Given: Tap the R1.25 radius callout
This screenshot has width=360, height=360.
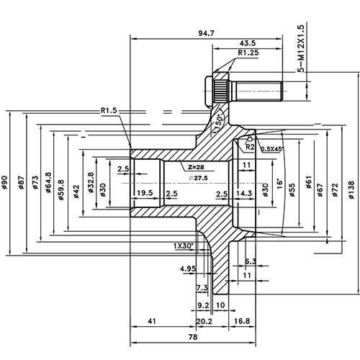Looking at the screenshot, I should (x=248, y=53).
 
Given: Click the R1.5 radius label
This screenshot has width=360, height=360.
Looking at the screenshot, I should (x=109, y=111).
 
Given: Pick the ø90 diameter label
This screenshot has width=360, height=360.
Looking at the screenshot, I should (x=5, y=185).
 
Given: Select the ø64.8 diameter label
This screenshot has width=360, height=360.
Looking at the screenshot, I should (x=48, y=185).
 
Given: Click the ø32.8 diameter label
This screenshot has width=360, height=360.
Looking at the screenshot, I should (x=92, y=184).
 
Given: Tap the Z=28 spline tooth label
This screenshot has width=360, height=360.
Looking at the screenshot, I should (x=193, y=166).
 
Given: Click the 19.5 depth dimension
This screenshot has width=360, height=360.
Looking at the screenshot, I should (x=143, y=194).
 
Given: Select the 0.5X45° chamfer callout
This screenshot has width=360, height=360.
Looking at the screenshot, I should (x=272, y=148).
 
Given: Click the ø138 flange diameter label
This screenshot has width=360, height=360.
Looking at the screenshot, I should (x=351, y=185).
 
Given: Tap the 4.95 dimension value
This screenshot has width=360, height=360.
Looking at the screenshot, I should (x=189, y=269).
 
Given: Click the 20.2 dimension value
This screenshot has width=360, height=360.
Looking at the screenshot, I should (x=203, y=322).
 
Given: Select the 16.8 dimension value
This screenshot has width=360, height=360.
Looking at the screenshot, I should (x=242, y=322).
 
